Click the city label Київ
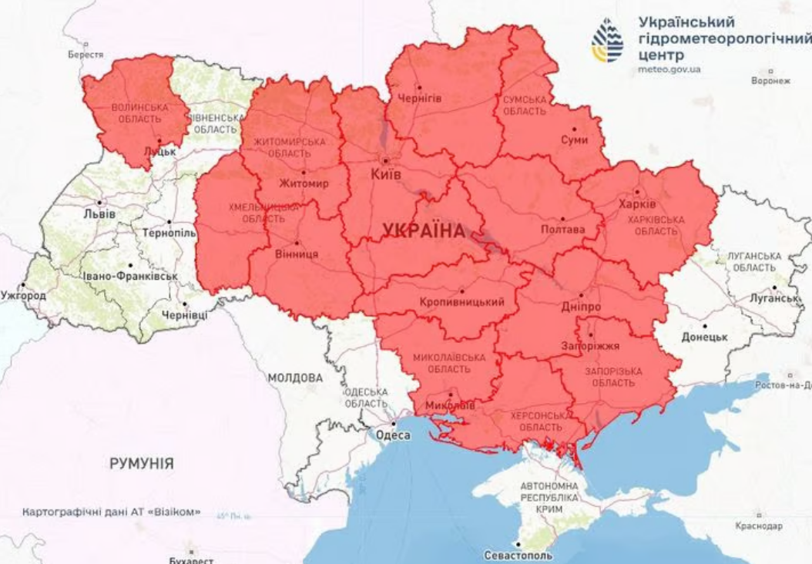(x=386, y=175)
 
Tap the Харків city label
(x=637, y=204)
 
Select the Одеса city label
(x=393, y=435)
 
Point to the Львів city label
(x=100, y=213)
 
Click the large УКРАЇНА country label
(x=424, y=230)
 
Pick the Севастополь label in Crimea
(x=518, y=555)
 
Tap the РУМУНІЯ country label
(x=141, y=464)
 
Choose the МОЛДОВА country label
(x=295, y=378)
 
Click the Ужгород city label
(x=23, y=295)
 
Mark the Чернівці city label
(x=184, y=315)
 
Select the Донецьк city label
(x=704, y=337)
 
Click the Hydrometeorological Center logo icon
(x=607, y=40)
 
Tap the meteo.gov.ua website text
(x=669, y=69)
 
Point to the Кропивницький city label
(x=463, y=302)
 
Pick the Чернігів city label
(x=419, y=98)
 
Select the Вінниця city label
(x=297, y=253)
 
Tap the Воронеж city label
(x=771, y=80)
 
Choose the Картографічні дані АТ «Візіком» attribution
(x=112, y=512)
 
